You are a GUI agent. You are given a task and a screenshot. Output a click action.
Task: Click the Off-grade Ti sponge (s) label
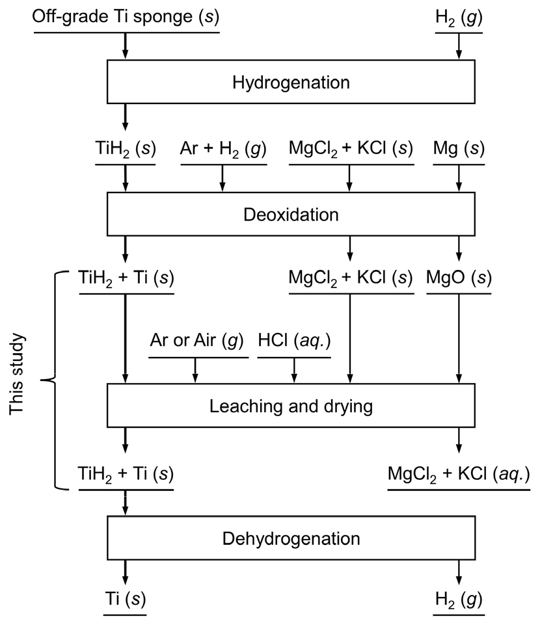126,18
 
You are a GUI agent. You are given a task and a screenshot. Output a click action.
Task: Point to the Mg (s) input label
459,149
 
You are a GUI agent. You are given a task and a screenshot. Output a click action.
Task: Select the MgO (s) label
459,278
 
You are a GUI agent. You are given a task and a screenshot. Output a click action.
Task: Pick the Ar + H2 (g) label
223,149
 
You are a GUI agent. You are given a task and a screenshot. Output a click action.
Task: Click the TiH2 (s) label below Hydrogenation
125,149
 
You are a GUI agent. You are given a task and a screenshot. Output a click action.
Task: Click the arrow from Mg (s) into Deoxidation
459,178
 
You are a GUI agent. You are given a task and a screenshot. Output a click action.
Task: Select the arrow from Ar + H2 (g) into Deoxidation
223,178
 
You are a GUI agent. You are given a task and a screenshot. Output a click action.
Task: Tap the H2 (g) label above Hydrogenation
459,18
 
